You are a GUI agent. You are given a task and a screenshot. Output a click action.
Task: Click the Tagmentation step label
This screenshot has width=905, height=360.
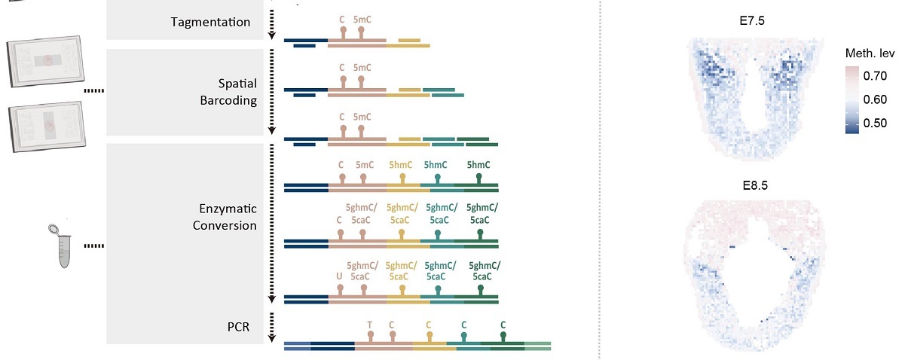pos(209,22)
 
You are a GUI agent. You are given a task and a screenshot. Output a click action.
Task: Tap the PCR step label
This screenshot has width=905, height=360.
pos(238,327)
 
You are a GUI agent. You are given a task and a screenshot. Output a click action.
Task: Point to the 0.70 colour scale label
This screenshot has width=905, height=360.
pos(876,75)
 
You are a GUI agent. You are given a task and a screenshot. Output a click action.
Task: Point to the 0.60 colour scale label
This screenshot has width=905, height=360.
pos(876,99)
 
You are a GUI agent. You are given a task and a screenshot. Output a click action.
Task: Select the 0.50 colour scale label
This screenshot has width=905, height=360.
pos(876,124)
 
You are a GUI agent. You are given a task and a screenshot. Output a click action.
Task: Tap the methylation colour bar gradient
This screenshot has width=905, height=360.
pos(853,99)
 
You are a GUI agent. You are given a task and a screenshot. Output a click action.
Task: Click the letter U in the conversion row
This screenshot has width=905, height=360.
pos(339,276)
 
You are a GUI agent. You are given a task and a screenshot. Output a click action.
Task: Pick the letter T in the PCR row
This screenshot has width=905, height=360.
pos(369,325)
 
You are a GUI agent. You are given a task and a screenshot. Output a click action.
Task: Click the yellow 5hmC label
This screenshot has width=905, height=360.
pos(402,164)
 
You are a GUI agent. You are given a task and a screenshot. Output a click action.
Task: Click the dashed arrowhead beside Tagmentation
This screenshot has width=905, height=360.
pos(271,35)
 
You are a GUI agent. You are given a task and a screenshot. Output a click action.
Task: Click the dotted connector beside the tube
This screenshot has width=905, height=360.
pos(93,246)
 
